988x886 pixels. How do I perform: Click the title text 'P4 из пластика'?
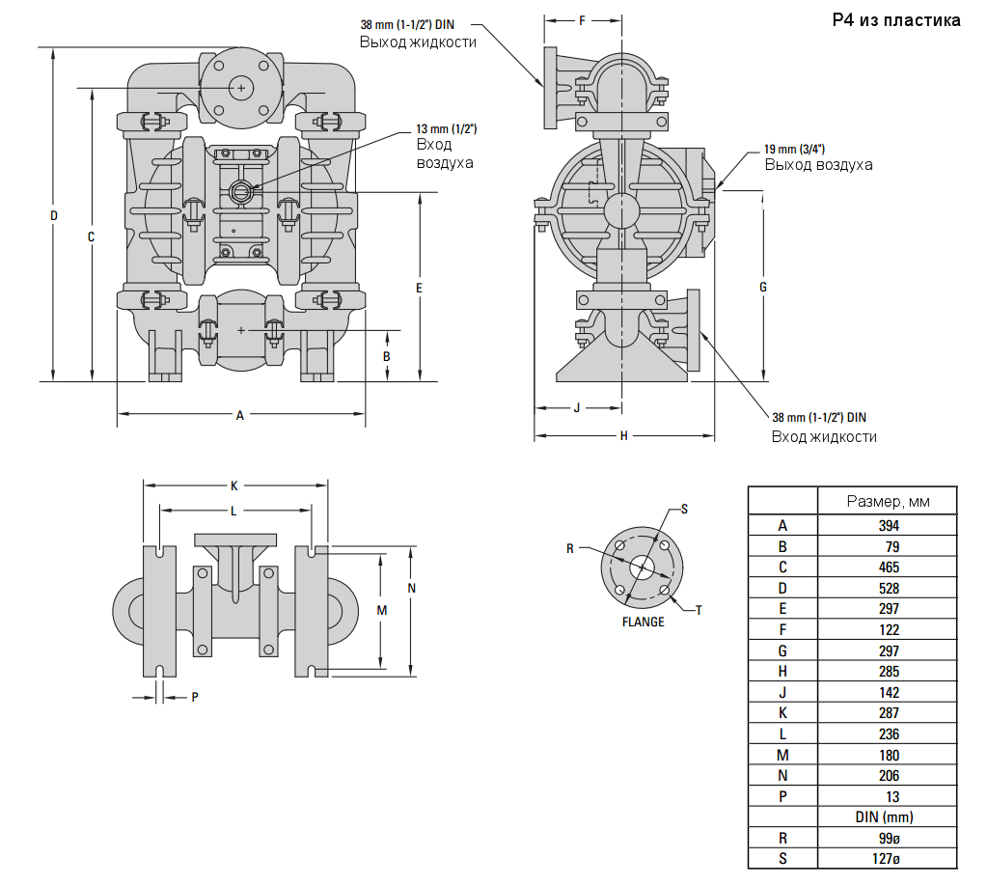pos(896,20)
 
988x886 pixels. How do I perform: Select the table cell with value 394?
pos(889,526)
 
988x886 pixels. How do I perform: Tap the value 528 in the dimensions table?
pos(889,588)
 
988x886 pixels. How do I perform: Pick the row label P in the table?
pos(782,797)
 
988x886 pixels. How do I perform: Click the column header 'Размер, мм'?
pos(888,501)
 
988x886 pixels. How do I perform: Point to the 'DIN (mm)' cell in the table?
pos(889,817)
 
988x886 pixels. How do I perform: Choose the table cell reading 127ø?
pos(889,859)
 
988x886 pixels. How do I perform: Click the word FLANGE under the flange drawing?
pos(643,623)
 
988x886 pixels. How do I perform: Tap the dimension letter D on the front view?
pos(54,215)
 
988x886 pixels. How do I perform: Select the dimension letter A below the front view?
pos(240,415)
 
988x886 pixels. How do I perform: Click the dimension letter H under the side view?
pos(624,436)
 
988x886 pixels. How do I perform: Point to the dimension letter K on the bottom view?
pos(233,485)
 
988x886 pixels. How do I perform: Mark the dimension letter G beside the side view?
pos(762,287)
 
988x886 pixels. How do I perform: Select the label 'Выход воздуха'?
pos(818,165)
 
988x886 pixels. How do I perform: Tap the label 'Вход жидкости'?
pos(824,437)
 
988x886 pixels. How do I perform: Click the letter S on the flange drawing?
pos(684,508)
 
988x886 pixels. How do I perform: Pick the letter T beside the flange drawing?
pos(699,609)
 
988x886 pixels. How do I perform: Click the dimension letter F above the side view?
pos(582,19)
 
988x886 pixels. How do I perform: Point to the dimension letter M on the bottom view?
pos(381,610)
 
